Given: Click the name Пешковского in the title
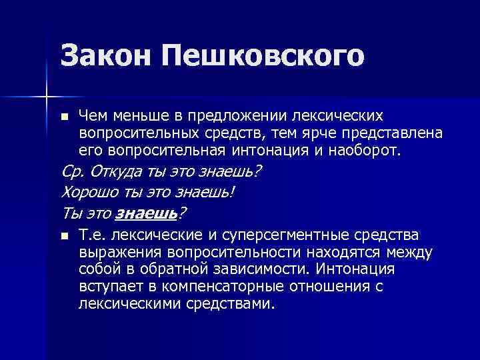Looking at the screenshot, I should [x=260, y=57].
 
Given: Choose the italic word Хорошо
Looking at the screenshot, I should [x=86, y=193].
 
